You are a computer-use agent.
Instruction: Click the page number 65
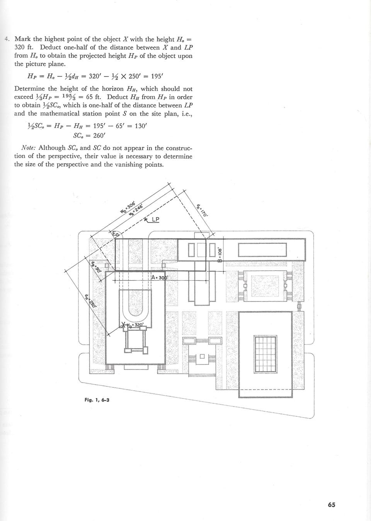click(x=331, y=504)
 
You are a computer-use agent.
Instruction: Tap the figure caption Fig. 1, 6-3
click(x=97, y=400)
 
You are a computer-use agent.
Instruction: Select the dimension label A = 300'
click(x=160, y=278)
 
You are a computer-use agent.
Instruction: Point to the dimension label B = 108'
click(x=220, y=255)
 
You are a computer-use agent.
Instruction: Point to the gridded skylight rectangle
click(x=265, y=354)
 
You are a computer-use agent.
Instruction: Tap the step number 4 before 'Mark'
click(x=7, y=39)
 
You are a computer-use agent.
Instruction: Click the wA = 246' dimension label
click(x=136, y=211)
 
